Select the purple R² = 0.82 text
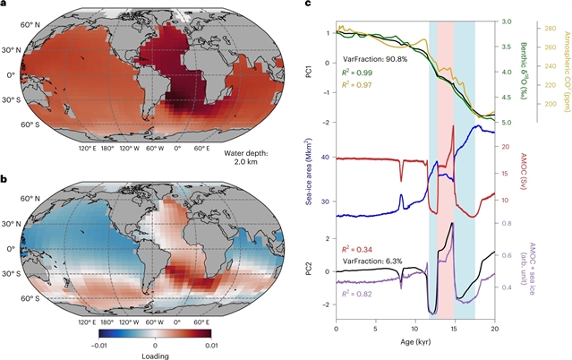(x=363, y=293)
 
